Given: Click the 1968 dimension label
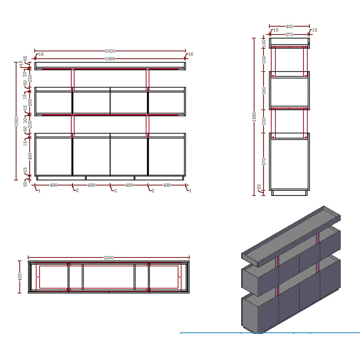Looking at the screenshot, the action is point(110,59).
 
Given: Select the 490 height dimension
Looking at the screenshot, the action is point(30,156).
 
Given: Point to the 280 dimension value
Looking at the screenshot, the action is point(30,102).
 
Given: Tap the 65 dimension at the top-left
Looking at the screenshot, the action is point(25,58).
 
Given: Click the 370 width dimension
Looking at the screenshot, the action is point(289,35).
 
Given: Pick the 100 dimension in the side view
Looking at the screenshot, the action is point(264,43).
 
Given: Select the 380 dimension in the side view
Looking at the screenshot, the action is point(264,90).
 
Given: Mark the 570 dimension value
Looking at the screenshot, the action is point(264,162).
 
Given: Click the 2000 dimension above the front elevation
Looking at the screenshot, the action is point(110,51).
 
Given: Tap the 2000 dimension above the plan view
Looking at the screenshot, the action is point(109,258).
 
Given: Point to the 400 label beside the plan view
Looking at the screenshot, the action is point(20,277).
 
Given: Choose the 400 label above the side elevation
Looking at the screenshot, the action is point(289,26).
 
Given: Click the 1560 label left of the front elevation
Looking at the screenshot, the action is point(16,121).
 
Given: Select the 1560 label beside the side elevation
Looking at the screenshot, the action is point(254,117).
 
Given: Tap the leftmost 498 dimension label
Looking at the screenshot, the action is point(53,185).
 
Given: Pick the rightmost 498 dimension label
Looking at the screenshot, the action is point(167,185).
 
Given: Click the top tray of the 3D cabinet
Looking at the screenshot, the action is point(291,237).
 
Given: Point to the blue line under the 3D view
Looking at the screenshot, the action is point(270,333).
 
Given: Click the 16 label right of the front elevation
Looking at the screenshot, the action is point(191,54).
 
